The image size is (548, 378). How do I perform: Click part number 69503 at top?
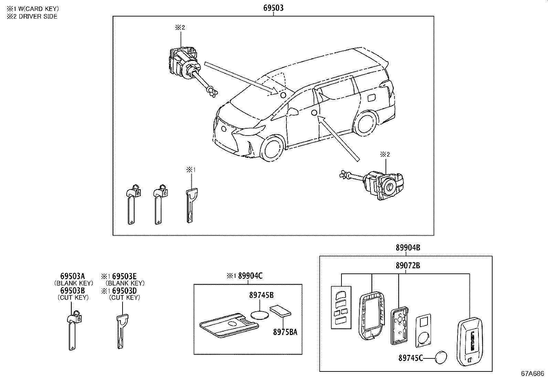click(273, 8)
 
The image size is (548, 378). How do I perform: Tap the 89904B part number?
click(408, 247)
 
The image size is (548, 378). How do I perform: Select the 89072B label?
click(408, 265)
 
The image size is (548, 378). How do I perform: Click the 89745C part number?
click(410, 358)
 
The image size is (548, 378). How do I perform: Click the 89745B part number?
click(261, 295)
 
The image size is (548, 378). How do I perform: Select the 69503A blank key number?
click(72, 276)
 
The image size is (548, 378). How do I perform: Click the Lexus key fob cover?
click(470, 342)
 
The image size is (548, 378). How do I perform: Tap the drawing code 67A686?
click(534, 373)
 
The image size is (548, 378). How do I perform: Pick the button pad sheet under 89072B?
click(341, 307)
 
